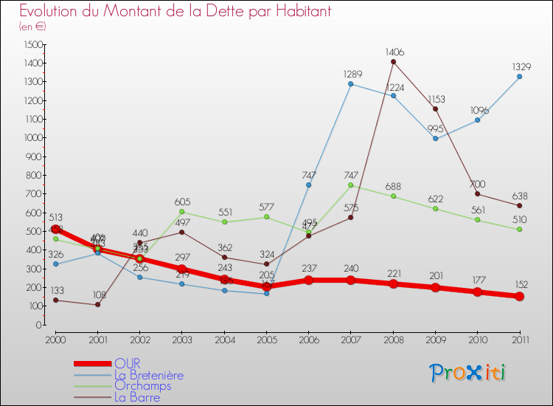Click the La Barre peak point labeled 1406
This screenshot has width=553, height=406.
coord(393,61)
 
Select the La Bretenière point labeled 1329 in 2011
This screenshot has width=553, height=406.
coord(519,76)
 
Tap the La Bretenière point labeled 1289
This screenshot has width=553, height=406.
coord(350,83)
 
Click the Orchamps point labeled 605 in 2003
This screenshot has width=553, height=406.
coord(181,212)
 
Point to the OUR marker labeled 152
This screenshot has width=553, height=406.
coord(519,296)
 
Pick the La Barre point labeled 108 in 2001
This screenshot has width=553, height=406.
coord(97,304)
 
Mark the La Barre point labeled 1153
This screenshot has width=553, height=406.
coord(435,109)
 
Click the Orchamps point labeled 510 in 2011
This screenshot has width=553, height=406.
coord(519,229)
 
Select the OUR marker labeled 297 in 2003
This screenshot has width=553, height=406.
coord(181,269)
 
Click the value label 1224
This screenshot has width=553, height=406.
coord(393,86)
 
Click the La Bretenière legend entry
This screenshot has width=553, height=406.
coord(148,375)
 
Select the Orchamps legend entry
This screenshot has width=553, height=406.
coord(142,386)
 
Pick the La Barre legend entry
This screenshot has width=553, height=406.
coord(136,397)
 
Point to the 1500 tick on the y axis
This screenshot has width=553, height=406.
coord(32,44)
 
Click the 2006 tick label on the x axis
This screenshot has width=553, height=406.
coord(308,339)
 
